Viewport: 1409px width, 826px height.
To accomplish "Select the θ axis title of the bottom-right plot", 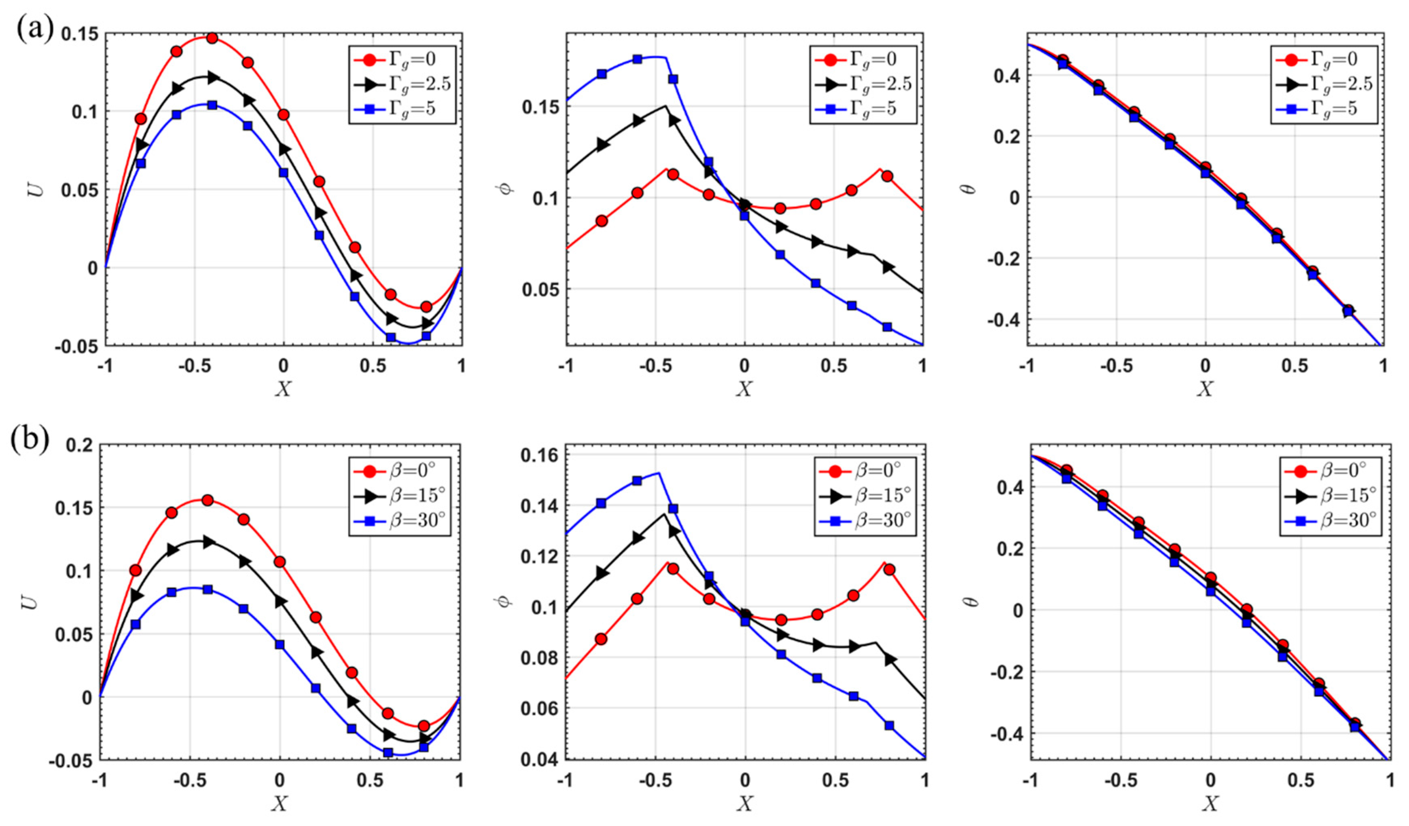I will [973, 602].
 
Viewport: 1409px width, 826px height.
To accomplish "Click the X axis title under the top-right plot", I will [1205, 389].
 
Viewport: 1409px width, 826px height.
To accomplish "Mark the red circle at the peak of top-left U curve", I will [212, 38].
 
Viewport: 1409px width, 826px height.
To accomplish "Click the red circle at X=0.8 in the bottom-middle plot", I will [889, 570].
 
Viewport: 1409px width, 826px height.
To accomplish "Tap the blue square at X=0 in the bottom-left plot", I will [280, 644].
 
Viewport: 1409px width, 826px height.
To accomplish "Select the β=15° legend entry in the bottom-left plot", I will [400, 496].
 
